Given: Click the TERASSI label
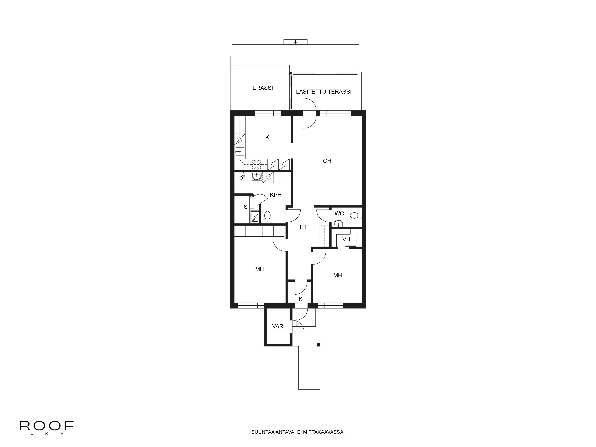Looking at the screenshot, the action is pyautogui.click(x=261, y=88).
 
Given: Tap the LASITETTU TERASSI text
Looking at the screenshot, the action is pyautogui.click(x=324, y=92).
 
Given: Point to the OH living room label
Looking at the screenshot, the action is pyautogui.click(x=327, y=161).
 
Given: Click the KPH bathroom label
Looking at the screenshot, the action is pyautogui.click(x=276, y=195).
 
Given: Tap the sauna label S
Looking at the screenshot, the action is pyautogui.click(x=245, y=207).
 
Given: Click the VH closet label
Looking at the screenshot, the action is pyautogui.click(x=346, y=239).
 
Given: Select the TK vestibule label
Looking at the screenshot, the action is pyautogui.click(x=299, y=299).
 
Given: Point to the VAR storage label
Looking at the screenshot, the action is pyautogui.click(x=278, y=326).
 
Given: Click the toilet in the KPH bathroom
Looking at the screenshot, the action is pyautogui.click(x=267, y=217).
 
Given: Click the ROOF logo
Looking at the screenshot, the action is pyautogui.click(x=47, y=426).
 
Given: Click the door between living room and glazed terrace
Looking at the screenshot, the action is pyautogui.click(x=309, y=113).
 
